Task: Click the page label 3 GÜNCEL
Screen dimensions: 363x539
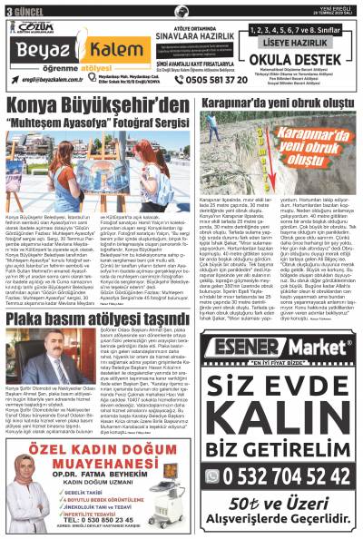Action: tap(21, 7)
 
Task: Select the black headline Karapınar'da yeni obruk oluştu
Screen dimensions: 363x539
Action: tap(286, 103)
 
